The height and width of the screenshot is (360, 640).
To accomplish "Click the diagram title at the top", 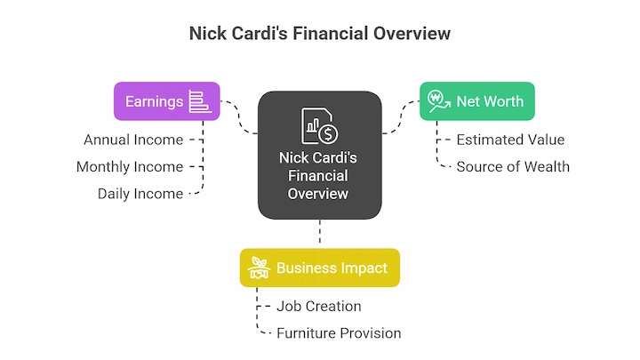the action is pos(320,34).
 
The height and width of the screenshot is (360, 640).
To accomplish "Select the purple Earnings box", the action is pos(167,101).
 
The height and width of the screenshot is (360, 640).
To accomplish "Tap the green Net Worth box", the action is pos(477,101).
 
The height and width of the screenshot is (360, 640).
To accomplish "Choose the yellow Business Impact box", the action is pos(320,268).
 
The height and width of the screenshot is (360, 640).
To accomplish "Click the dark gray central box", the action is pos(320,155).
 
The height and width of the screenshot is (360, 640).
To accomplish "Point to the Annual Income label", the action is pos(133,140).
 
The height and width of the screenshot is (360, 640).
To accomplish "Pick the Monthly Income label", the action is pos(130,167).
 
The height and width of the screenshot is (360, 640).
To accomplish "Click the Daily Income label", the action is pos(140,194).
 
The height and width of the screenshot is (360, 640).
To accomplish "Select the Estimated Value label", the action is pos(510,140).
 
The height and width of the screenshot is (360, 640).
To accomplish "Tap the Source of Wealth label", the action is pos(513,167).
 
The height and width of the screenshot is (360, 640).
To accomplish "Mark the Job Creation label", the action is pos(319,307).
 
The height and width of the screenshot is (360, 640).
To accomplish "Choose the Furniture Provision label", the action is pos(339,333).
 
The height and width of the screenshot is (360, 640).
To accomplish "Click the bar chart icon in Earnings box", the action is pos(200,101).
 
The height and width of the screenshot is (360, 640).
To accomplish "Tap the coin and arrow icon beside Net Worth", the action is pos(439,101).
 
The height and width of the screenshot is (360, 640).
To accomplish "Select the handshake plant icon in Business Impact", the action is pos(260,268).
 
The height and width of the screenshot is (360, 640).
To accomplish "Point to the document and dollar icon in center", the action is pos(320,125).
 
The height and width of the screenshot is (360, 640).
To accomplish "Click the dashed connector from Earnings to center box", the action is pos(239,117).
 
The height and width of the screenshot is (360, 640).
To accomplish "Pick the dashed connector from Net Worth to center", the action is pos(400,117).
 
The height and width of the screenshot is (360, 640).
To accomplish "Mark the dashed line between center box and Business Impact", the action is pos(320,232).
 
